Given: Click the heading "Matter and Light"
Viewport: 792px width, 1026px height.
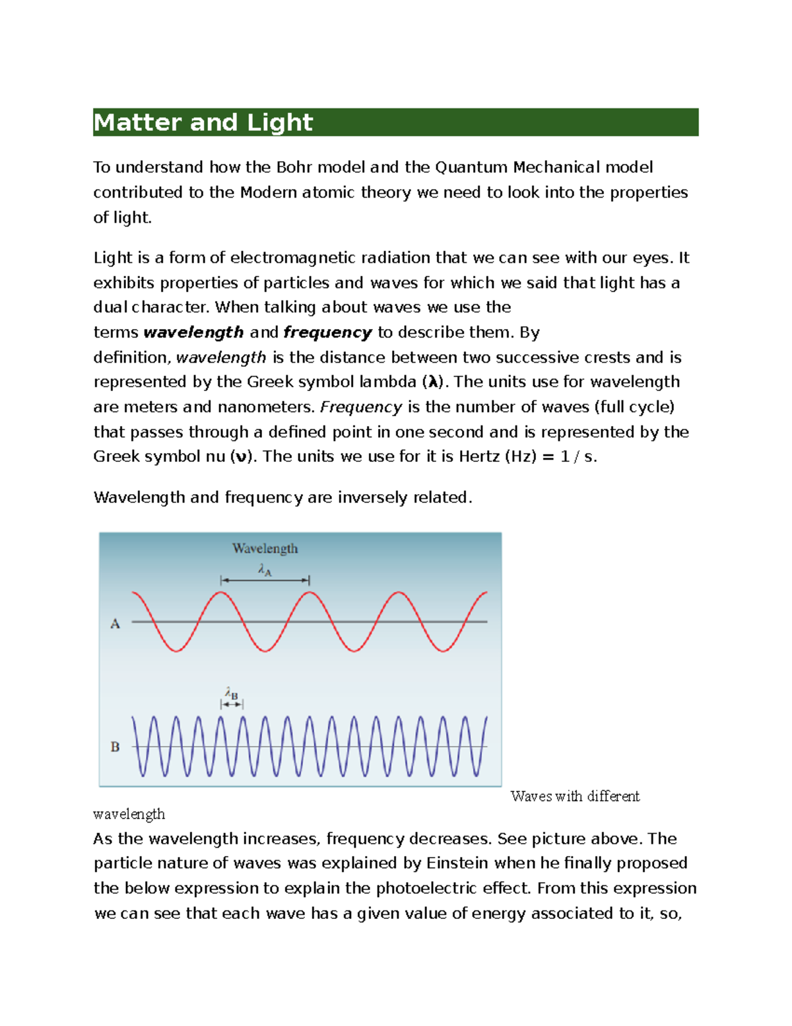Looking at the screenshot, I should [203, 123].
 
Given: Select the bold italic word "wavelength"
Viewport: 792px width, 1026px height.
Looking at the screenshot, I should [193, 332].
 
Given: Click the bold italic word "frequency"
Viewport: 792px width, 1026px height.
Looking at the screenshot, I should [327, 332].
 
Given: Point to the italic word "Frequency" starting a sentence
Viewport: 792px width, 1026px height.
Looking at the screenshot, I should [361, 407].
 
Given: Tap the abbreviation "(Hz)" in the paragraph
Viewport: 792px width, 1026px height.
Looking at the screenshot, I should [521, 457].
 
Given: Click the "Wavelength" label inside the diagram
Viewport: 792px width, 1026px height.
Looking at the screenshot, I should [265, 548].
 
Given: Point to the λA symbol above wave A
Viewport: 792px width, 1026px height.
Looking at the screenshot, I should [265, 569].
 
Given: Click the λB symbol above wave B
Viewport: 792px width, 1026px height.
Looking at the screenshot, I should [231, 694].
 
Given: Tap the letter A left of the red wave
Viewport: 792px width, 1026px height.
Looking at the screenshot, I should [115, 624].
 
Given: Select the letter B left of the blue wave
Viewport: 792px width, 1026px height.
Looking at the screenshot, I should [115, 747].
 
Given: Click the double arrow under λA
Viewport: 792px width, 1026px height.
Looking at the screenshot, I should [265, 580].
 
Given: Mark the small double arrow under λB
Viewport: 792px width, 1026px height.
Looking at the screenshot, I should [232, 705].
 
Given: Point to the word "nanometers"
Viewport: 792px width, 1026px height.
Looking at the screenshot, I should [265, 407].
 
